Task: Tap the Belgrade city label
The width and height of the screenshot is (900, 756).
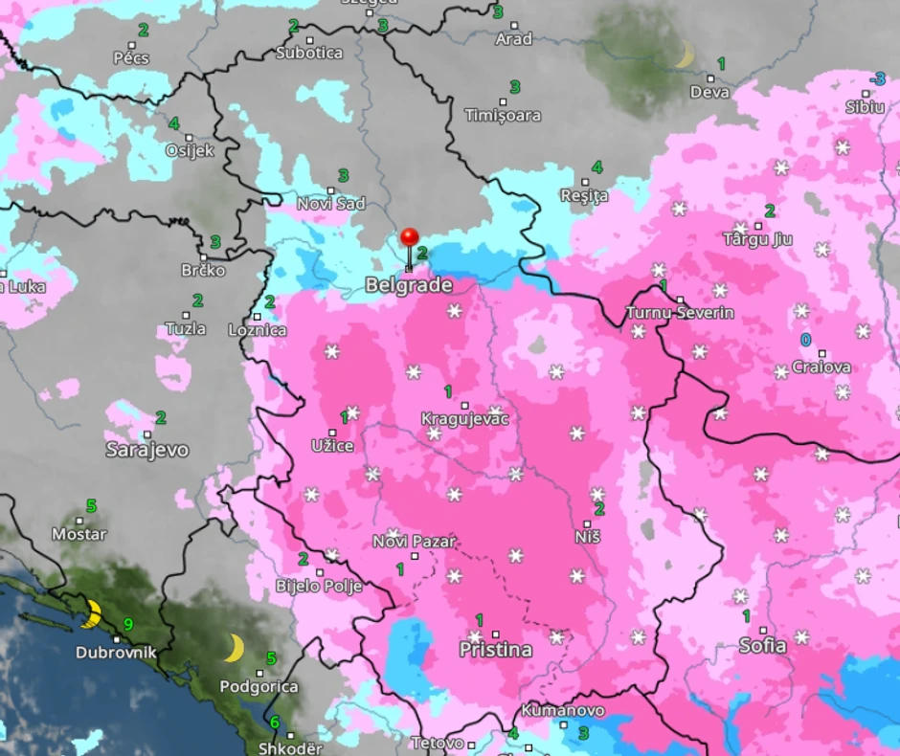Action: tap(408, 285)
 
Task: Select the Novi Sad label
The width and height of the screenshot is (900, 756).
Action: tap(331, 204)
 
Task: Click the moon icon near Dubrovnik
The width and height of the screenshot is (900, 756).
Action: tap(91, 613)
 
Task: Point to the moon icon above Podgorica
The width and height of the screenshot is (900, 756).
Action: tap(234, 648)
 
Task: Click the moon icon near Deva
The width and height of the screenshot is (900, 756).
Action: tap(684, 55)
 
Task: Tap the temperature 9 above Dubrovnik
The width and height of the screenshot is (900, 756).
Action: tap(127, 625)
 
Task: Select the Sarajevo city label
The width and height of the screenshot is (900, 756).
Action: tap(146, 449)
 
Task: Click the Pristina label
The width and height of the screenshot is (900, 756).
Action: tap(495, 650)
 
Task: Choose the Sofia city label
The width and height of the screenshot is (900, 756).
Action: tap(762, 646)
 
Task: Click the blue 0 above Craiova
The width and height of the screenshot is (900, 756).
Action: tap(805, 340)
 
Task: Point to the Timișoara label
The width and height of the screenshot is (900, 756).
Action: tap(503, 116)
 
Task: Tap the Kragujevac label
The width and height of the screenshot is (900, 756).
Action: tap(465, 419)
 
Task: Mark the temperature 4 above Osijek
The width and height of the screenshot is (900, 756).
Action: tap(173, 123)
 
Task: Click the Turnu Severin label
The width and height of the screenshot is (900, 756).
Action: tap(680, 313)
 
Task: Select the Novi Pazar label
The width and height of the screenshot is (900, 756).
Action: tap(414, 542)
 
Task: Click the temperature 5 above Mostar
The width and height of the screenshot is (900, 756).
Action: tap(91, 505)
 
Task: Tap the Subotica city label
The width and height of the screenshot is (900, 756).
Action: tap(309, 53)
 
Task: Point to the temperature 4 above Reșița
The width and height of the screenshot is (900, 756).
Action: tap(596, 167)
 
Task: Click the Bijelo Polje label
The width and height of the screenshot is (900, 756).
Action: tap(319, 586)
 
